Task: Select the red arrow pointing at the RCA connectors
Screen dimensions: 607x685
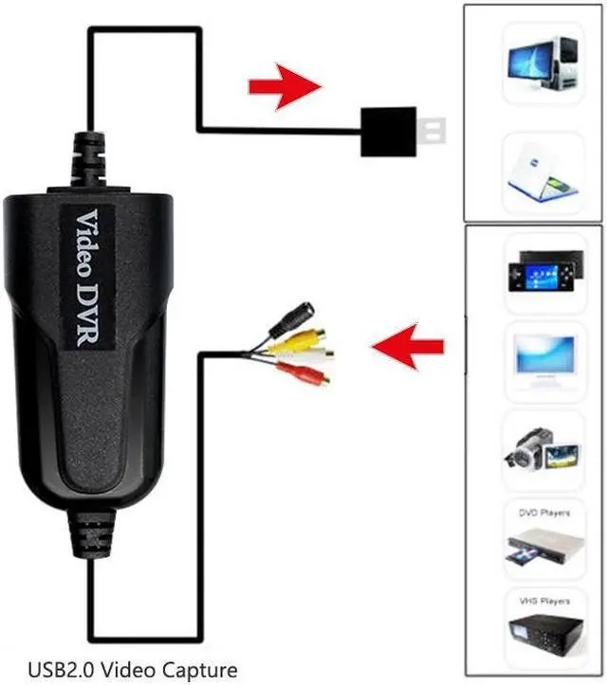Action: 407,349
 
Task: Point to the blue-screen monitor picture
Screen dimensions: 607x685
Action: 543,358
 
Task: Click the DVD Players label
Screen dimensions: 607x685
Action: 543,513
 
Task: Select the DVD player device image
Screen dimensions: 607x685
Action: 543,549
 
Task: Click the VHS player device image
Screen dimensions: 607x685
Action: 543,636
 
